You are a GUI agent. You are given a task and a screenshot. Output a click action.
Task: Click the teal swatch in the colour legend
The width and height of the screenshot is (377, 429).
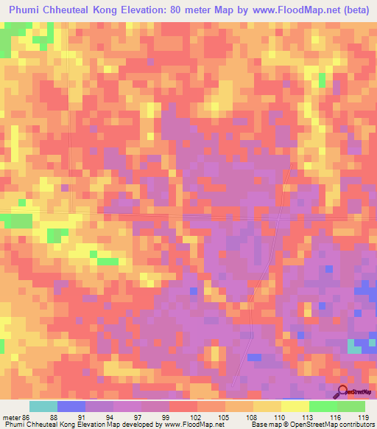coord(43,406)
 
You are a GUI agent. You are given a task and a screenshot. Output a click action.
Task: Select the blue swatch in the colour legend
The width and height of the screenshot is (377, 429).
coord(71,406)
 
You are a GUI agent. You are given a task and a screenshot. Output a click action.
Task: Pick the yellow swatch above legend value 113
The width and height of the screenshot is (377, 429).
coord(295,406)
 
